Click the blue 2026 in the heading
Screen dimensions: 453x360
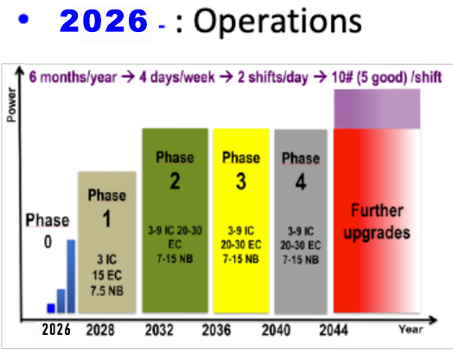(x=104, y=21)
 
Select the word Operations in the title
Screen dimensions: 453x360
(x=278, y=22)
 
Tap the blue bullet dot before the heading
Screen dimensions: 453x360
(x=23, y=19)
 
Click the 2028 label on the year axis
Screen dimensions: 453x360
(x=100, y=330)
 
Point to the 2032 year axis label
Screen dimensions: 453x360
(x=159, y=330)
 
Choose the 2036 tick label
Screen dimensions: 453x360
(x=216, y=330)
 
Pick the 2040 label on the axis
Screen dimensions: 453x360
(x=276, y=330)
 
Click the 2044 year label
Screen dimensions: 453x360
(x=334, y=330)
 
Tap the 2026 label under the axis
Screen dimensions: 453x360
(x=56, y=330)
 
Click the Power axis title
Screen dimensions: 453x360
(x=11, y=105)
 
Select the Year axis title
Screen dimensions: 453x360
(x=411, y=330)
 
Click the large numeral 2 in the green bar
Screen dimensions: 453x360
(x=175, y=182)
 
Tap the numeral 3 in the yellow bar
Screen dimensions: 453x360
(x=241, y=182)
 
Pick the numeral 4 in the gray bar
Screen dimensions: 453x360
(x=301, y=183)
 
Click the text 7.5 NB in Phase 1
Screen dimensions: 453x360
(x=107, y=291)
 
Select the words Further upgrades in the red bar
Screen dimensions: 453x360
(x=377, y=222)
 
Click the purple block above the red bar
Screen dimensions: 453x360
(x=377, y=109)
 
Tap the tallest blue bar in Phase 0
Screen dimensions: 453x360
(x=71, y=276)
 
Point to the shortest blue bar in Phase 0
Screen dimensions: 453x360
(x=51, y=308)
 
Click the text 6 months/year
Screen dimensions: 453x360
(x=73, y=77)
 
